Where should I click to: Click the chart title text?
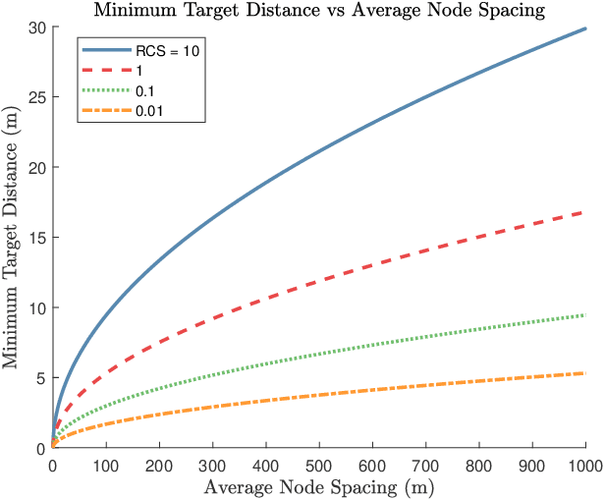320,11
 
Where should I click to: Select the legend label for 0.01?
147,111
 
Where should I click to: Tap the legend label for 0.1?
143,91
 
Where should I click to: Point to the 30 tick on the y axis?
37,28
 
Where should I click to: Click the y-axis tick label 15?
37,238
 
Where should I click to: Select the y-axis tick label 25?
37,97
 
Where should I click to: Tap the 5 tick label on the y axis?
41,378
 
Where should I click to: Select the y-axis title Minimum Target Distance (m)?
12,238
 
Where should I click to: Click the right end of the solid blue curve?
585,29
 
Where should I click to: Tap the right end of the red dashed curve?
585,212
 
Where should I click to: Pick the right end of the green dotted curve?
585,315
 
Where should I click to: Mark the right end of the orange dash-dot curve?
585,373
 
